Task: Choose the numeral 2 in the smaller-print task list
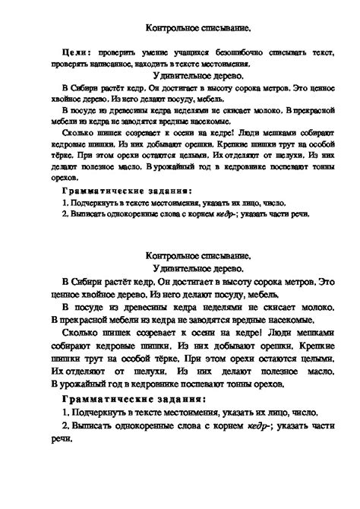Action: pos(65,214)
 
